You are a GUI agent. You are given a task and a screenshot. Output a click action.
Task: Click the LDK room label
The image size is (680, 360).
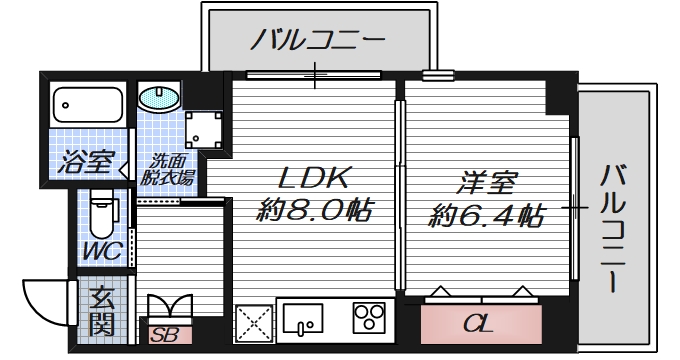point(312,180)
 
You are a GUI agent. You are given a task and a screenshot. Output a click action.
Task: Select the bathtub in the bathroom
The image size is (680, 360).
point(86,103)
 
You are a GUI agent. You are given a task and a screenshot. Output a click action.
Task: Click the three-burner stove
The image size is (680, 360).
point(369,319)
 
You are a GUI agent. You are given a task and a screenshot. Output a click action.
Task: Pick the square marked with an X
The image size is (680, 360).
point(252,323)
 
